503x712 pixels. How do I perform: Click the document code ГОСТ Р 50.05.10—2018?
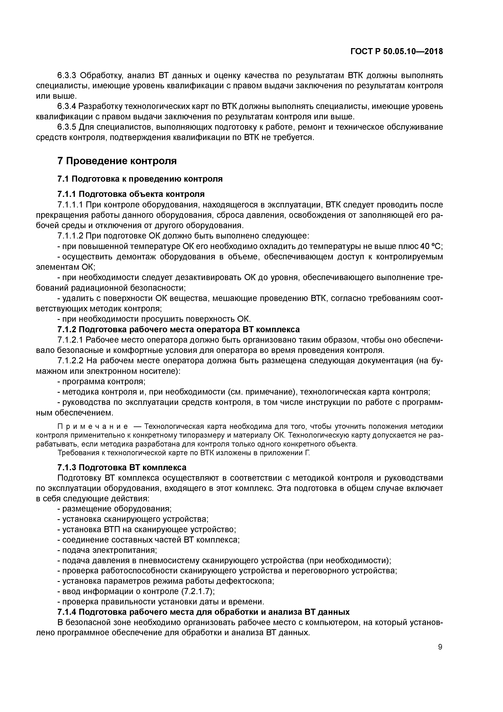397,52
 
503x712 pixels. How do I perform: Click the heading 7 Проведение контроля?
117,161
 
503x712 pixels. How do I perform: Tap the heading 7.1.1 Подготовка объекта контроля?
131,194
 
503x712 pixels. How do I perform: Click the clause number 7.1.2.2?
70,361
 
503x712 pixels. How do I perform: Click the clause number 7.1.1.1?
70,205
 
